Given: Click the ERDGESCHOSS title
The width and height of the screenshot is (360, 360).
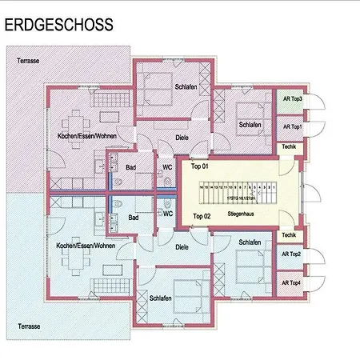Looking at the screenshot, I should click(58, 26).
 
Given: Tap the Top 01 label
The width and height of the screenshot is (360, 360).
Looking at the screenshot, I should click(200, 166).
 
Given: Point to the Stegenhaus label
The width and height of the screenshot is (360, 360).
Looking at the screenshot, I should click(240, 215).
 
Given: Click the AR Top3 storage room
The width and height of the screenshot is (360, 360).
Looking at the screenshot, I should click(291, 100).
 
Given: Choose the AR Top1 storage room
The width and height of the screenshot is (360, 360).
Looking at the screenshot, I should click(291, 127).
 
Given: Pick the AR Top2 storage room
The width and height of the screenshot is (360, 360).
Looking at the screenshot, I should click(291, 255).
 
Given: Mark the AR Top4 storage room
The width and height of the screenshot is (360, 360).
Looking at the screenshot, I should click(291, 282).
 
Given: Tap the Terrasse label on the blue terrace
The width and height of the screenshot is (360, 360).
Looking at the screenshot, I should click(29, 326).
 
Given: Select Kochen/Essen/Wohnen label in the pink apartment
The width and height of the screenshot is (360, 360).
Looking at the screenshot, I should click(80, 137).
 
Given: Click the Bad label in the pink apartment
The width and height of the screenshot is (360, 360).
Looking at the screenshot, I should click(134, 166).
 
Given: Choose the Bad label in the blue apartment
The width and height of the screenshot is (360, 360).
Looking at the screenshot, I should click(134, 217).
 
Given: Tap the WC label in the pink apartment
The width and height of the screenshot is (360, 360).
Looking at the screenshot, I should click(168, 166).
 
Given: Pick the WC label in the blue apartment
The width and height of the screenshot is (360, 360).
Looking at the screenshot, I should click(168, 214).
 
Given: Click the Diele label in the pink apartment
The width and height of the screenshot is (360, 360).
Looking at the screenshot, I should click(182, 138).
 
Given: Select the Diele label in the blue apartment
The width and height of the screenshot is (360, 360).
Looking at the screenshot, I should click(182, 247).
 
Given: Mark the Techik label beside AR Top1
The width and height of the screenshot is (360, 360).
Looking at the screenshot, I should click(289, 148).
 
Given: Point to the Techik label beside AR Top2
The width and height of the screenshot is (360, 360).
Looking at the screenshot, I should click(289, 234).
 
